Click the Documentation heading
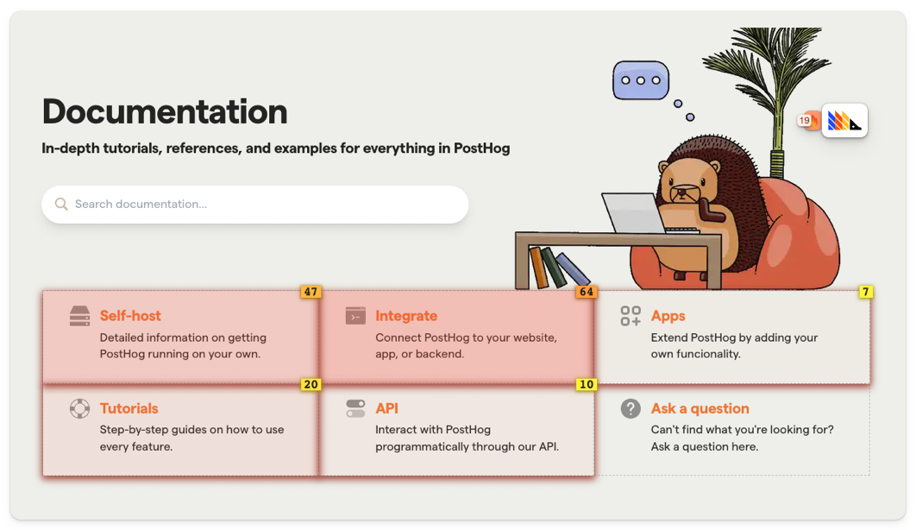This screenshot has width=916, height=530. [x=165, y=111]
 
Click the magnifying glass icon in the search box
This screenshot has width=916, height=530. [x=60, y=204]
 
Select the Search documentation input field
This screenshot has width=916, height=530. [x=254, y=205]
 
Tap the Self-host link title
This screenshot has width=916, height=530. [x=130, y=316]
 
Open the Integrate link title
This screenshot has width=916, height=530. [x=406, y=316]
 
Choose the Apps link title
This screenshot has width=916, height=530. [x=668, y=316]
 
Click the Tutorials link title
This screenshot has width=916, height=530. [x=129, y=408]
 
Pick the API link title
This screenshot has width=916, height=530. [x=386, y=408]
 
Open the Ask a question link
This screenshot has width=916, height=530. [x=700, y=408]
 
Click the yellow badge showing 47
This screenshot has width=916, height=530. [x=311, y=292]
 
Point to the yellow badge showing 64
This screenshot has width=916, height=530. [x=587, y=292]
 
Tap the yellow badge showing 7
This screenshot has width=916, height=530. [x=866, y=292]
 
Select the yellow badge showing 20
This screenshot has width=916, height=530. [x=311, y=384]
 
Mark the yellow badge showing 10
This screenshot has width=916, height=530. [x=587, y=384]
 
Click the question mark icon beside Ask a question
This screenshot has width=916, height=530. [x=631, y=408]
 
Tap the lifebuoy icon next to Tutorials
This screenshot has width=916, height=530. [x=79, y=408]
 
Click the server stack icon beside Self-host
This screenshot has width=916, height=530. [x=79, y=316]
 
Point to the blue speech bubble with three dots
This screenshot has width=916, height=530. [x=641, y=80]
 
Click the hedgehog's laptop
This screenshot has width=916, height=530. [x=635, y=213]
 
